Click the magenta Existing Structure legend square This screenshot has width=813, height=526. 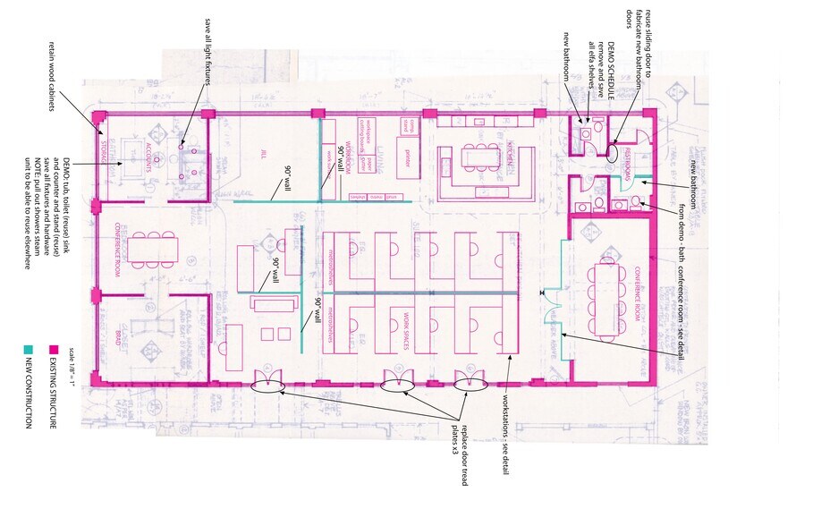[x=53, y=350]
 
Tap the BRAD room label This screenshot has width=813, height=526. [x=117, y=337]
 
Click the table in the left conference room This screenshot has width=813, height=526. [x=153, y=249]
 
